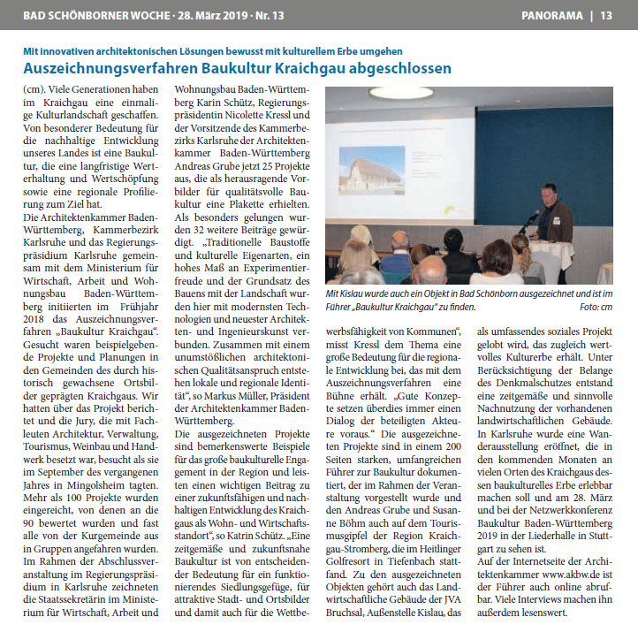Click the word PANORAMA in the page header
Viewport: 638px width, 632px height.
[552, 15]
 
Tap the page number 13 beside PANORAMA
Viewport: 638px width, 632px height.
[606, 15]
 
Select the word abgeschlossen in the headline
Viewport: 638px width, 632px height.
[401, 68]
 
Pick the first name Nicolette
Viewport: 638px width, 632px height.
[260, 116]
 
